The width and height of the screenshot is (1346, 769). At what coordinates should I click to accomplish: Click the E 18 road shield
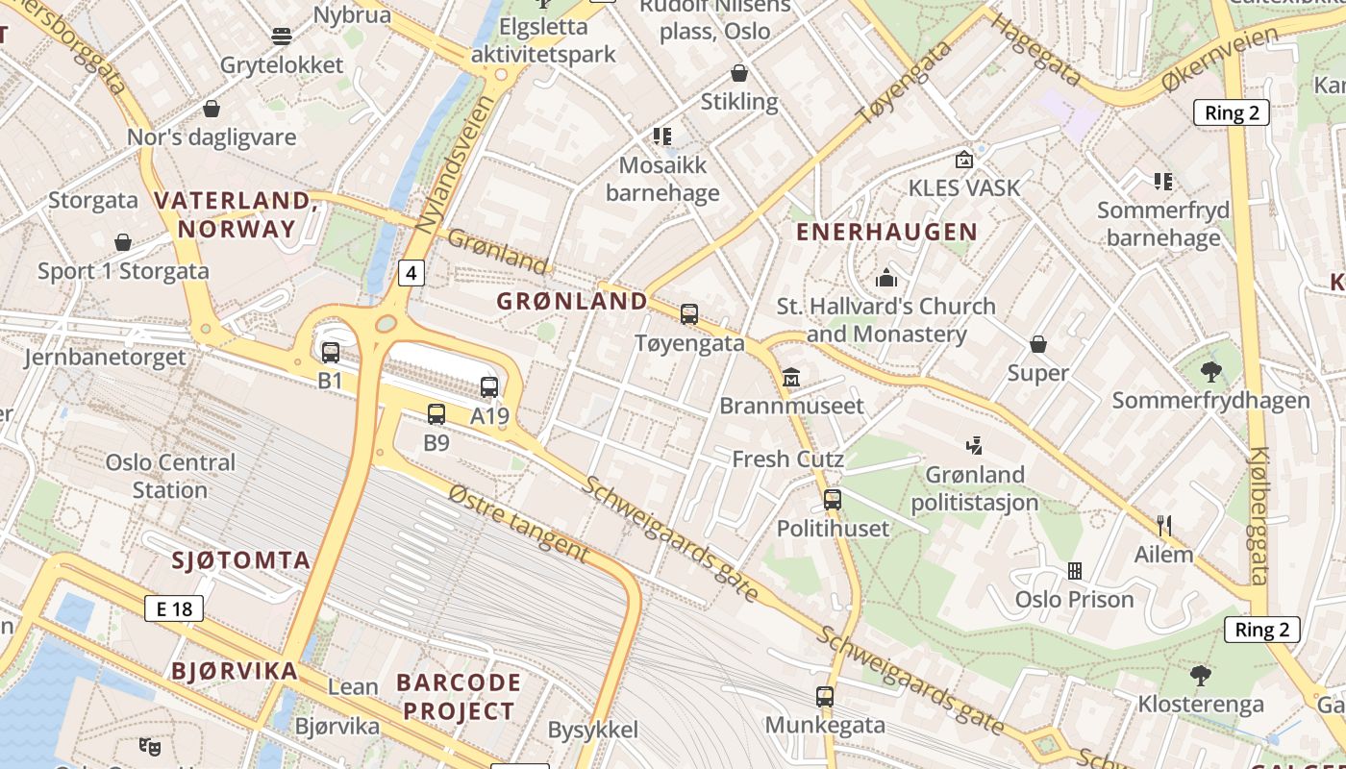click(x=174, y=608)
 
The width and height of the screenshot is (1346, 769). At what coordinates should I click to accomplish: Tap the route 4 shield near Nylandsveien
click(x=411, y=273)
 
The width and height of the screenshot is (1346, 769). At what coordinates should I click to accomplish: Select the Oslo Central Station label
click(x=170, y=476)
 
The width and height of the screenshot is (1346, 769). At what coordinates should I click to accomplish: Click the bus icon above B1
click(x=331, y=353)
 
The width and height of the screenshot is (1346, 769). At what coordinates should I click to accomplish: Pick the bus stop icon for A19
click(x=489, y=387)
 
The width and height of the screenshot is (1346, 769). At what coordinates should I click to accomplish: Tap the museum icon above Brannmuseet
click(x=791, y=377)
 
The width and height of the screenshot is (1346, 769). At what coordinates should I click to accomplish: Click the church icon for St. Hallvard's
click(x=886, y=279)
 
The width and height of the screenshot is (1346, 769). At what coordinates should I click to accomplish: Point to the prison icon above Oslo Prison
click(x=1075, y=571)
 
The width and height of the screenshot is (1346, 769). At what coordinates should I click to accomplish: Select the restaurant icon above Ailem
click(x=1164, y=525)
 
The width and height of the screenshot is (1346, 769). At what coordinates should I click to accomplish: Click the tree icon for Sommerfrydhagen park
click(x=1211, y=371)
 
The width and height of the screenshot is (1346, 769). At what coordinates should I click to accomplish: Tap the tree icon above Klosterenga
click(x=1200, y=676)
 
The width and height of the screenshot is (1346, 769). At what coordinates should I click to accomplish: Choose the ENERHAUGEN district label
click(x=886, y=232)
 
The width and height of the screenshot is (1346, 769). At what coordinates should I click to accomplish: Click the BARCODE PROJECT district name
click(x=459, y=697)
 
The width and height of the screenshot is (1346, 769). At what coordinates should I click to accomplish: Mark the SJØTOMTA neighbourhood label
click(x=241, y=560)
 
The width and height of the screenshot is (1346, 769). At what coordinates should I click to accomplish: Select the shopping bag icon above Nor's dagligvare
click(x=212, y=109)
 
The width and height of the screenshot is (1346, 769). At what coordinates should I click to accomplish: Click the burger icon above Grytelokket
click(x=282, y=37)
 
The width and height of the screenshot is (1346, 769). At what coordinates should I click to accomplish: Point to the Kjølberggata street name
click(x=1259, y=517)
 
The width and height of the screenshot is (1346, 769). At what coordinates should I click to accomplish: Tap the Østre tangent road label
click(x=518, y=522)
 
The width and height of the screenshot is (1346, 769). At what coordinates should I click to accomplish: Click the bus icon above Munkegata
click(x=825, y=697)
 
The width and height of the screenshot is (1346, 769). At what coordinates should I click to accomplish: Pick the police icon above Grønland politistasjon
click(x=975, y=445)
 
